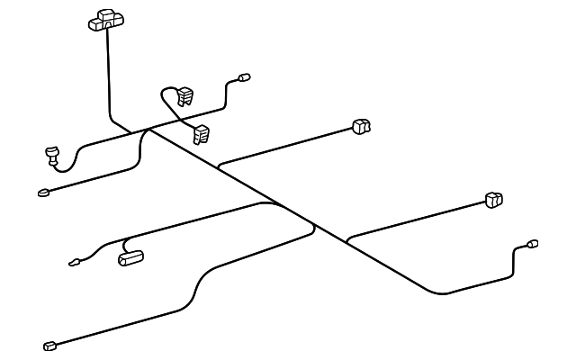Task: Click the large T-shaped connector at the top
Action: (106, 20)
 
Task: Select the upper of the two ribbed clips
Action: (185, 94)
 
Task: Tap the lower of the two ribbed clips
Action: (201, 134)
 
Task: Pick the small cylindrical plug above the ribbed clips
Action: (243, 78)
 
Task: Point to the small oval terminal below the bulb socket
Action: (42, 191)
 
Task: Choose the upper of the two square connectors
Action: (362, 127)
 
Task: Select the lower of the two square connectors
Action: (493, 200)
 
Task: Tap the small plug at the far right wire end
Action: (532, 243)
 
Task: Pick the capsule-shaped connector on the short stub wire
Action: (132, 259)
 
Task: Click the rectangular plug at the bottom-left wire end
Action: (50, 345)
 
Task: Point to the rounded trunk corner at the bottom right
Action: (441, 292)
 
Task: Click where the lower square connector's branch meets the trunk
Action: (347, 241)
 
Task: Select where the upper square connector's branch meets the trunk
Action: (219, 167)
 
